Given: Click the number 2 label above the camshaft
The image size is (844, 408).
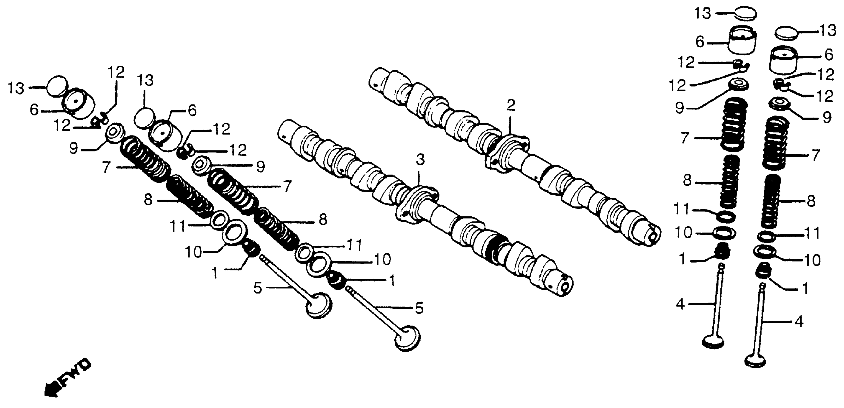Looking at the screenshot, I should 510,106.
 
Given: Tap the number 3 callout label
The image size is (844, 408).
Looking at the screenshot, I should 420,160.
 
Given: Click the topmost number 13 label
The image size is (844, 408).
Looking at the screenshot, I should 703,14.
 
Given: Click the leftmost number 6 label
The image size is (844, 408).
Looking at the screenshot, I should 34,110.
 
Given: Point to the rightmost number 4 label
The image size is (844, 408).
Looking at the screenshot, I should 799,322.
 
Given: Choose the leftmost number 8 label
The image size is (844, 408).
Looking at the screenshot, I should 148,200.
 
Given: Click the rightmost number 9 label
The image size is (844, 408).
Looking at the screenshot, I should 827,117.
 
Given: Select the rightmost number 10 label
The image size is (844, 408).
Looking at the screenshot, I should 812,260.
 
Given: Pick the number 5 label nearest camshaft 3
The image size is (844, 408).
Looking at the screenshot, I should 419,308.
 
